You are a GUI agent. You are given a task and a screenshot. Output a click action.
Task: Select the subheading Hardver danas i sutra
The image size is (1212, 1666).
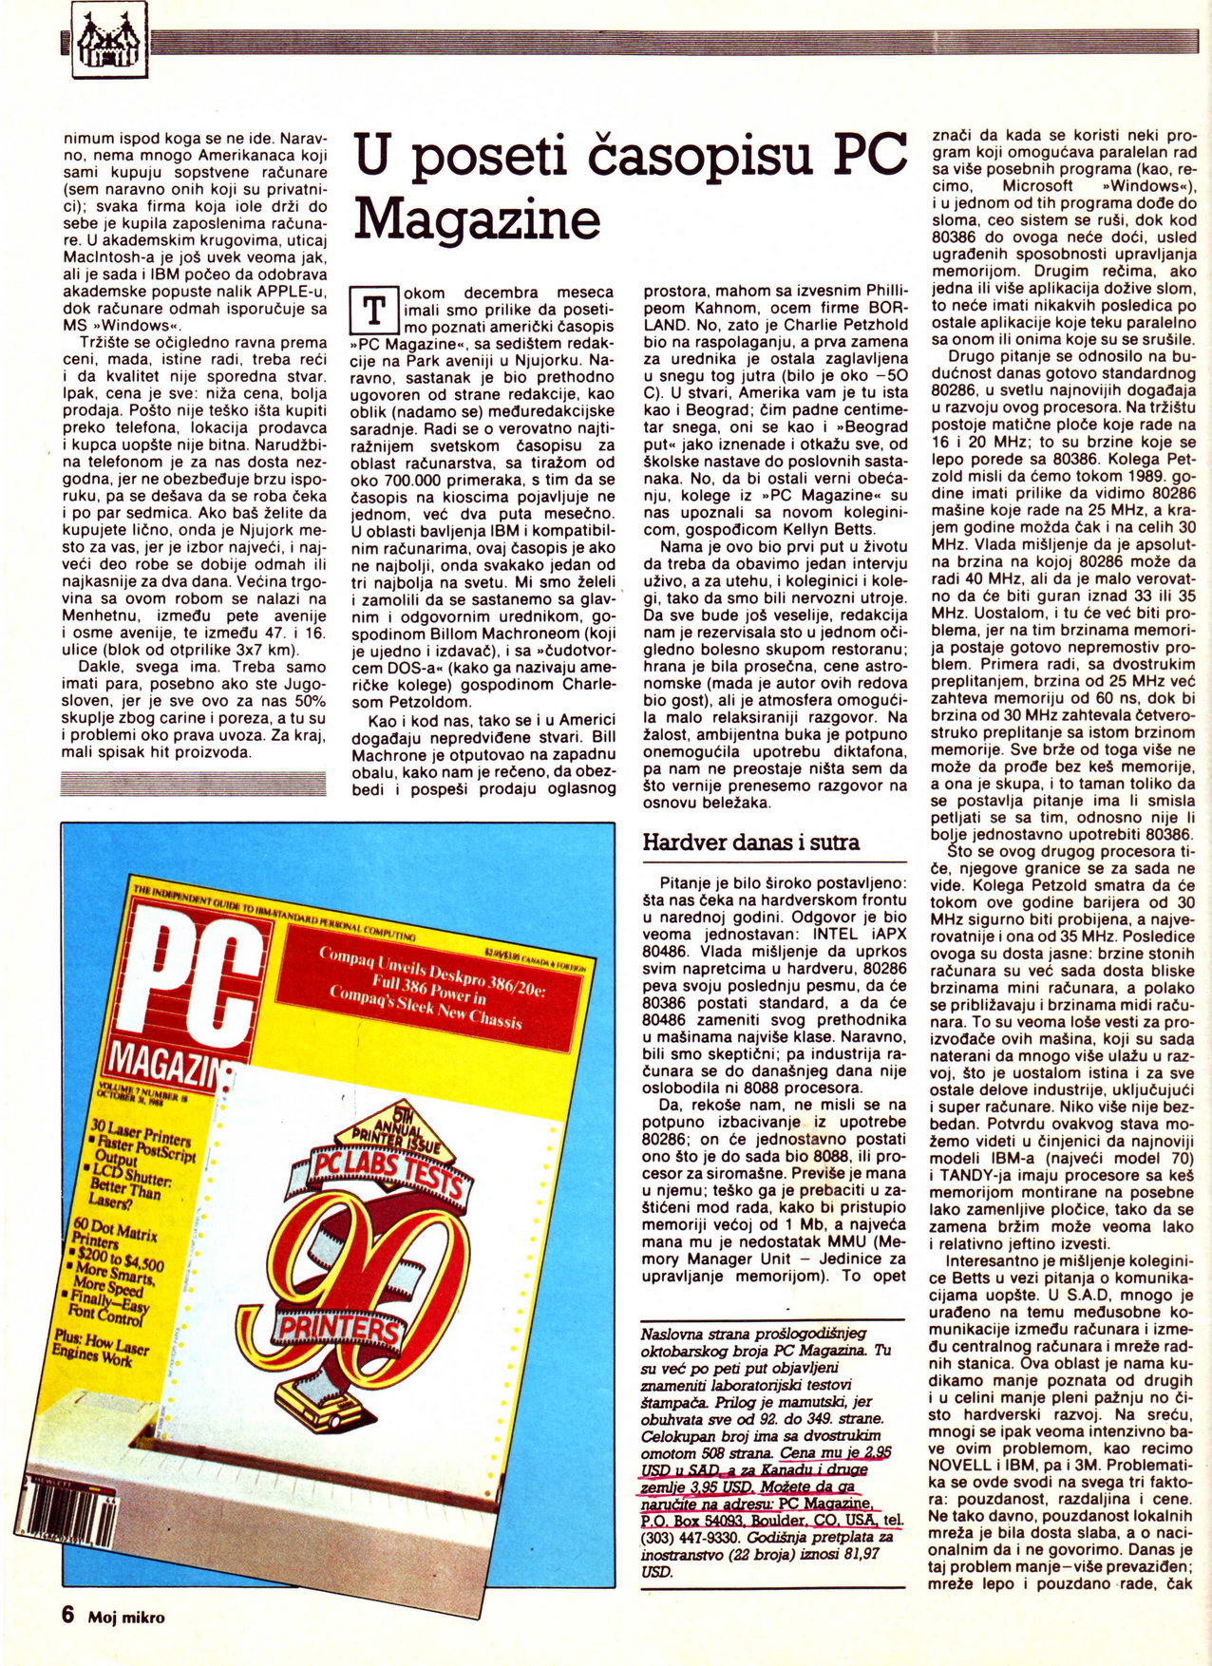750,842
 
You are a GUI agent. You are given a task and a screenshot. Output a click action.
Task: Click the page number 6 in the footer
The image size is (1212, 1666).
68,1615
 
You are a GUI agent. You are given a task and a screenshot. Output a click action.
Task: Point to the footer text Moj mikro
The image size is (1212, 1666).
126,1617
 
